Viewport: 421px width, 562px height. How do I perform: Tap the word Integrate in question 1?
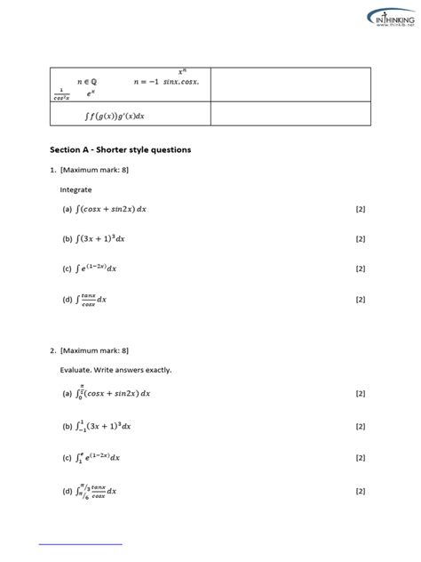click(x=75, y=189)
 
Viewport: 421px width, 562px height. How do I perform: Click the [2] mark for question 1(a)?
click(x=360, y=209)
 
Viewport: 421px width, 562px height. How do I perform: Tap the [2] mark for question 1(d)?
click(x=360, y=300)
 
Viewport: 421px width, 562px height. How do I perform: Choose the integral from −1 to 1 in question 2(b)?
click(x=102, y=426)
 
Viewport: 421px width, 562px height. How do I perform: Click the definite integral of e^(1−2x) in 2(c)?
click(x=99, y=458)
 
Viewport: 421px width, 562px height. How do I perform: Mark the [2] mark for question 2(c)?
click(x=360, y=458)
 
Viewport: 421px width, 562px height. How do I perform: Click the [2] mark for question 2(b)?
click(x=360, y=426)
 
